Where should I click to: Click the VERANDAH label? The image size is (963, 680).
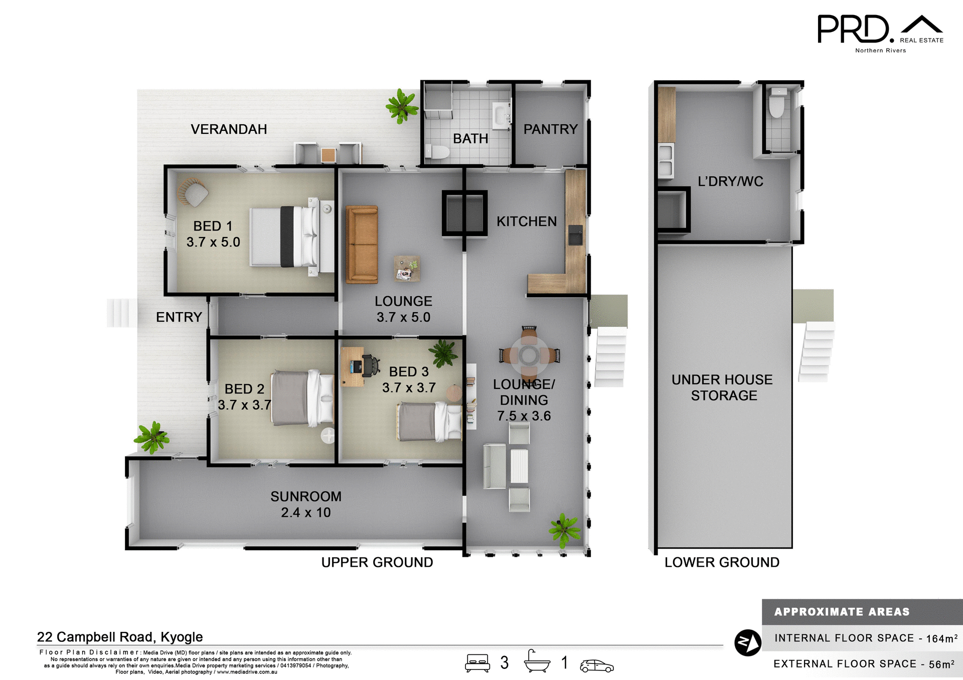[x=229, y=129]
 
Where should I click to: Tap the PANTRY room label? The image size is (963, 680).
[x=550, y=129]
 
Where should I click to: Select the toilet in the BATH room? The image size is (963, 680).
[x=436, y=152]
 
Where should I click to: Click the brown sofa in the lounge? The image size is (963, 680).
[x=361, y=244]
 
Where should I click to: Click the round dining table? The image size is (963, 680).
[x=529, y=356]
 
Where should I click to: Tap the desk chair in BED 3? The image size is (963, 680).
[x=370, y=365]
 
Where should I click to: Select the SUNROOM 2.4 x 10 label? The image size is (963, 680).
[x=305, y=504]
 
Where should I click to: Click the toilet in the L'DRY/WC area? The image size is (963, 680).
[x=777, y=103]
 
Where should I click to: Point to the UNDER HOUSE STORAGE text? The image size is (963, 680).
[x=722, y=387]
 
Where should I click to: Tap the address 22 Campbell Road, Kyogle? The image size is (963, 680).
[x=120, y=637]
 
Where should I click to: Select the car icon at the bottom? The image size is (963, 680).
[x=596, y=665]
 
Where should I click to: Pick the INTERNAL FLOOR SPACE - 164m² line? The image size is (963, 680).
[x=865, y=638]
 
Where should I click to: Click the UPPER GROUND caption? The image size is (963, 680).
[x=377, y=562]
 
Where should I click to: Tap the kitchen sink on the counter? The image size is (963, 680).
[x=575, y=235]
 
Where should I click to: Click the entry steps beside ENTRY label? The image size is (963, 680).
[x=121, y=313]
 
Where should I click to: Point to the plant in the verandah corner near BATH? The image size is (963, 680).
[x=401, y=106]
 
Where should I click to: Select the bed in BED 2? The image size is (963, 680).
[x=302, y=398]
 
